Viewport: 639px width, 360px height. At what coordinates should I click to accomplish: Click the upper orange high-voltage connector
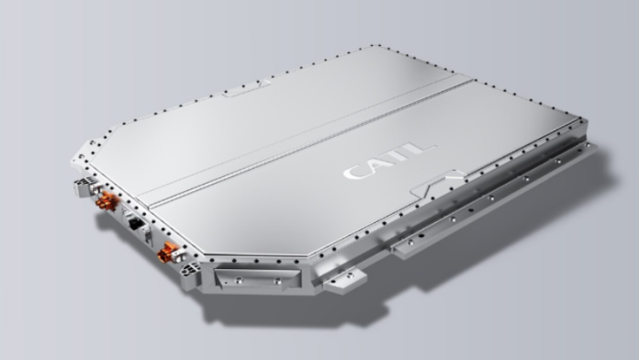106,200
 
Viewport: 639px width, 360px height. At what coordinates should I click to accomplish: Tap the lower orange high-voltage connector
167,252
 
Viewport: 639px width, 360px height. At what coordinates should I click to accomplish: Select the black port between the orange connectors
135,223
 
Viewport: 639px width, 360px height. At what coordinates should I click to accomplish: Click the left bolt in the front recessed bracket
239,280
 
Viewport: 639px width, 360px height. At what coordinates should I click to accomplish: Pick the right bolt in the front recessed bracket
277,280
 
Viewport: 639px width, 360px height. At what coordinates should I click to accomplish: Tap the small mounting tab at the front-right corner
345,280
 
